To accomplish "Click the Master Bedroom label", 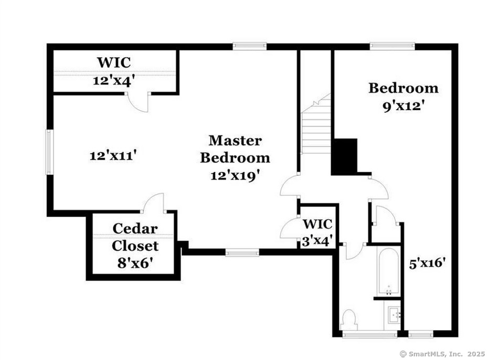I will (x=235, y=149).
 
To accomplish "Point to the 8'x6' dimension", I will (x=135, y=262).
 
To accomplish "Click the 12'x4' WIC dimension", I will (x=113, y=81).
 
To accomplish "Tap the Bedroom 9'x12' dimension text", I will (x=403, y=105).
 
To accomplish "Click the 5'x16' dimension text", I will (x=427, y=262).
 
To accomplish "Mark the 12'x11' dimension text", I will (x=113, y=155).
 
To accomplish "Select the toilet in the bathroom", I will (x=349, y=319).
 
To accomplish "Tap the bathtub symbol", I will (x=389, y=272).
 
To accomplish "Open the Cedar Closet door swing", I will (x=155, y=203).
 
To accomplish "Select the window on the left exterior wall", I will (x=48, y=152).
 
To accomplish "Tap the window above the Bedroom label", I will (x=392, y=46).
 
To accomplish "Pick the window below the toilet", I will (x=362, y=334).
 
